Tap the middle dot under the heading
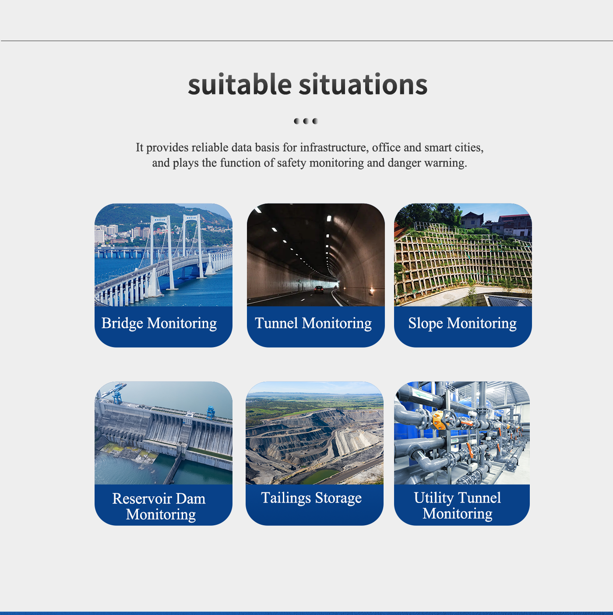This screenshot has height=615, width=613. tap(306, 121)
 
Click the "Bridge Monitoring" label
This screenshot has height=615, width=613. tap(159, 323)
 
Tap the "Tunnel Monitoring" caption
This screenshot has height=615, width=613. tap(313, 323)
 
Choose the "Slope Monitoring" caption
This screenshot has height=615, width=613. tap(462, 323)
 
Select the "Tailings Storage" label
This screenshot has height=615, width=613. tap(311, 498)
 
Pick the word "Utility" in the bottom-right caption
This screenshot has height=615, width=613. tap(433, 498)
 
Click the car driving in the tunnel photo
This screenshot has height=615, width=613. tap(319, 289)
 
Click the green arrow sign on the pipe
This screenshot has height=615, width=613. tap(422, 394)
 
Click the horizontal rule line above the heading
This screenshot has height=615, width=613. tap(307, 41)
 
